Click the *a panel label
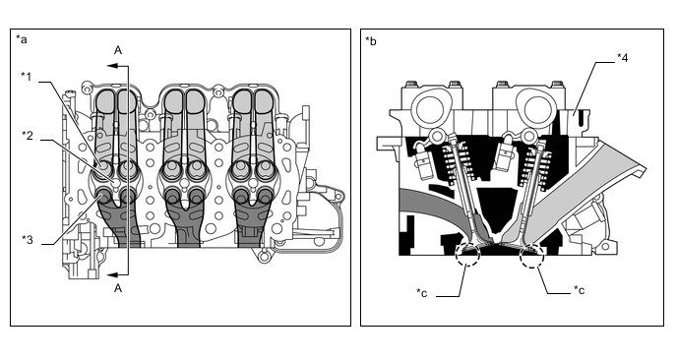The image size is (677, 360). pos(22,39)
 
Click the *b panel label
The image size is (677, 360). pos(371,41)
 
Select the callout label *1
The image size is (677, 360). pos(27,77)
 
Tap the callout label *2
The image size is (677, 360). pos(28,136)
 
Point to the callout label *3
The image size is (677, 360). pos(28,240)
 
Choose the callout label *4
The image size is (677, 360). pos(622,57)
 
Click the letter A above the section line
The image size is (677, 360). pos(118,50)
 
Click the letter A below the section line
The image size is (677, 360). pos(118,288)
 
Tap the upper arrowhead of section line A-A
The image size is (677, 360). pos(112,66)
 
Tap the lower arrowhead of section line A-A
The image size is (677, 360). pos(112,275)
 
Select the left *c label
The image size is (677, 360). pos(422,293)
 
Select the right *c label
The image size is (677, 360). pos(579,290)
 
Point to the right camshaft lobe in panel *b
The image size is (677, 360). pos(535,107)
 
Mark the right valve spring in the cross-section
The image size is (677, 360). pos(536,162)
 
